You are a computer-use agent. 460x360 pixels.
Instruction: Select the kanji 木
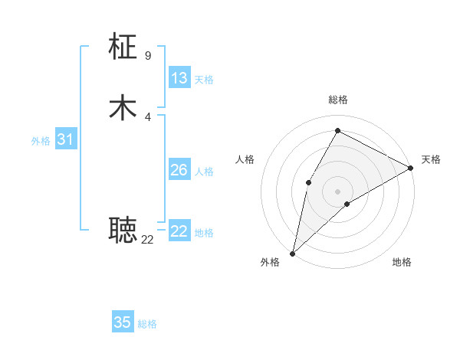coord(123,107)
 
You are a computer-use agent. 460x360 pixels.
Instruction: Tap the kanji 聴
coord(123,228)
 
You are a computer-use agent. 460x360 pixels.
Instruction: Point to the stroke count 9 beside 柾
coord(148,55)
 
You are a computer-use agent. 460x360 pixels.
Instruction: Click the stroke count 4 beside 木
coord(148,116)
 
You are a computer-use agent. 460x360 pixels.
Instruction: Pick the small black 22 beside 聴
coord(147,240)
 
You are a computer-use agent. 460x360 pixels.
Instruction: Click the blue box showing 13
coord(179,78)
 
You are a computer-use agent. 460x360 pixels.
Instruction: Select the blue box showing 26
coord(179,170)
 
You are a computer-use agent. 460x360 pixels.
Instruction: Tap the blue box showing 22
coord(179,231)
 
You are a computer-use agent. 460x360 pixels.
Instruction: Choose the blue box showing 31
coord(66,140)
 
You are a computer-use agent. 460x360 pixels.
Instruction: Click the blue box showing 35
coord(123,322)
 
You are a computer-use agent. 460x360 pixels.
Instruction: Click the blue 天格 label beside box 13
coord(204,80)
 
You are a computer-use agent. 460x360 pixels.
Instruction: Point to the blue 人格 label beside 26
coord(204,172)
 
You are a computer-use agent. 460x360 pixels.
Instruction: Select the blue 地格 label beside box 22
coord(204,233)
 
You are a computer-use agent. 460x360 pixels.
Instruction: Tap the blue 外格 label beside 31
coord(41,141)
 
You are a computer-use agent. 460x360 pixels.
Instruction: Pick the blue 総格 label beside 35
coord(147,324)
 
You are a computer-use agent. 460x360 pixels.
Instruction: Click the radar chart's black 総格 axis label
coord(337,100)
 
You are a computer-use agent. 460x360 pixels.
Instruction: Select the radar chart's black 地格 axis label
coord(402,263)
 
